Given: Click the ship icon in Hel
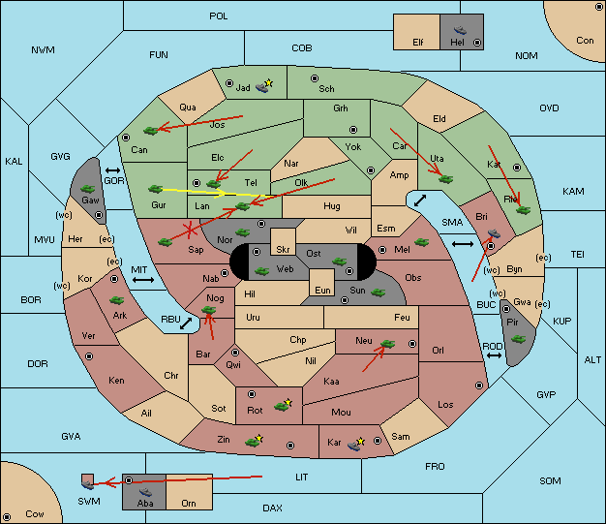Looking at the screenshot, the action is point(460,30).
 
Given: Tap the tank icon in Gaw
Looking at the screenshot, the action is point(88,189).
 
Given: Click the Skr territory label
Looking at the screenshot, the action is point(283,250).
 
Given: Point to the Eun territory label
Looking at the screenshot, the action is point(322,290).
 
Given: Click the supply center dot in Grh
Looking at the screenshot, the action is point(353,130).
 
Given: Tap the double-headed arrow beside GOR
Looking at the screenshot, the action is point(112,170).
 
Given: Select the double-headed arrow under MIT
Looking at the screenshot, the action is point(143,280).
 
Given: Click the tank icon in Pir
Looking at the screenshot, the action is point(518,339).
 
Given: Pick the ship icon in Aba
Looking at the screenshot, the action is point(146,492).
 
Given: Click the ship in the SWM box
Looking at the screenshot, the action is point(88,483).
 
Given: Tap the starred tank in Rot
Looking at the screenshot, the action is point(283,405).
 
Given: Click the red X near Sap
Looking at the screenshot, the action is point(190,231).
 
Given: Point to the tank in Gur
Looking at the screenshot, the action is point(155,189).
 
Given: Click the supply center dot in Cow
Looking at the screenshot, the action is point(7,517).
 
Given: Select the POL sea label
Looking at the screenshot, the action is point(219,16).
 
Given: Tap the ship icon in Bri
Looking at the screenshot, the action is point(494,233).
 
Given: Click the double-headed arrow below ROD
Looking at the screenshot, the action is point(494,355).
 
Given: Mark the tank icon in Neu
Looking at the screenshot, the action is point(387,344).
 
